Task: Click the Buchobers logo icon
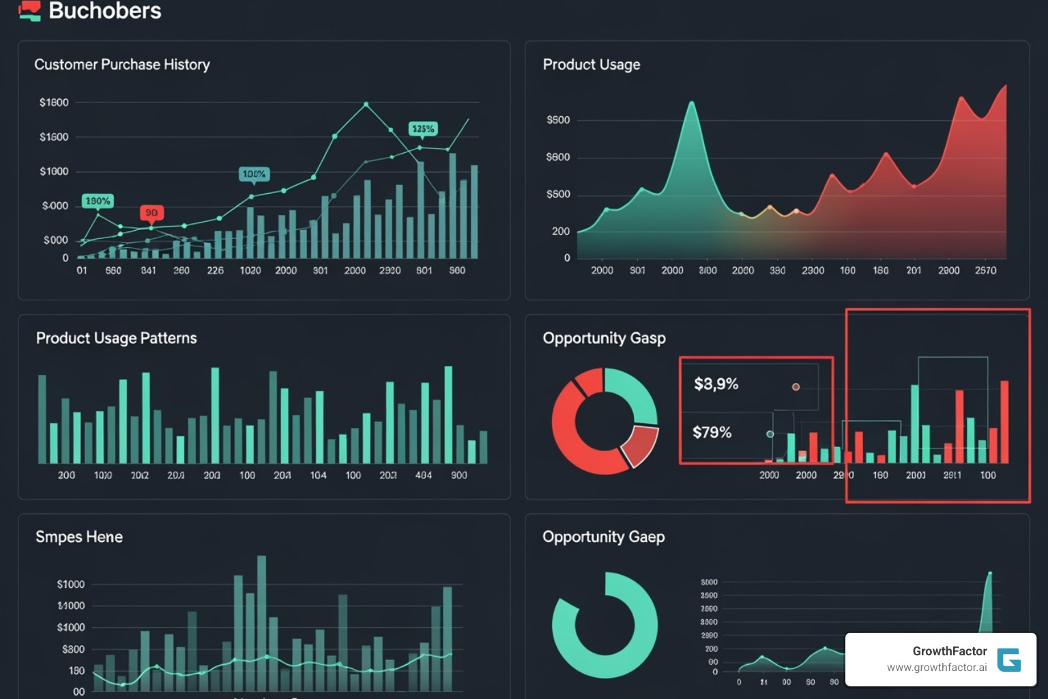(29, 11)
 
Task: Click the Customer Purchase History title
(122, 64)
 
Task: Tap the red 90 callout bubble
(151, 213)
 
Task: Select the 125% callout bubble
(422, 129)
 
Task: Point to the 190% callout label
(98, 201)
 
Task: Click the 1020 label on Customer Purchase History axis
(250, 270)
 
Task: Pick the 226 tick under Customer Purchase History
(215, 270)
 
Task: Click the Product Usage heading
(591, 64)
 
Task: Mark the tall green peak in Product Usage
(691, 106)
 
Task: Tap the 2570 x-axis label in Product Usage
(985, 270)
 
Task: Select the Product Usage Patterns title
(116, 338)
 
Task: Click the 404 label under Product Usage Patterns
(423, 475)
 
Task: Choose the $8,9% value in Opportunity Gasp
(716, 384)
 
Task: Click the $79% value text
(712, 432)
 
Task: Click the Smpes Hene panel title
(79, 537)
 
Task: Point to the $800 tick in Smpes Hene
(73, 649)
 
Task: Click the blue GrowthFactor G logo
(1008, 659)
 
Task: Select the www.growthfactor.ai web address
(936, 668)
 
